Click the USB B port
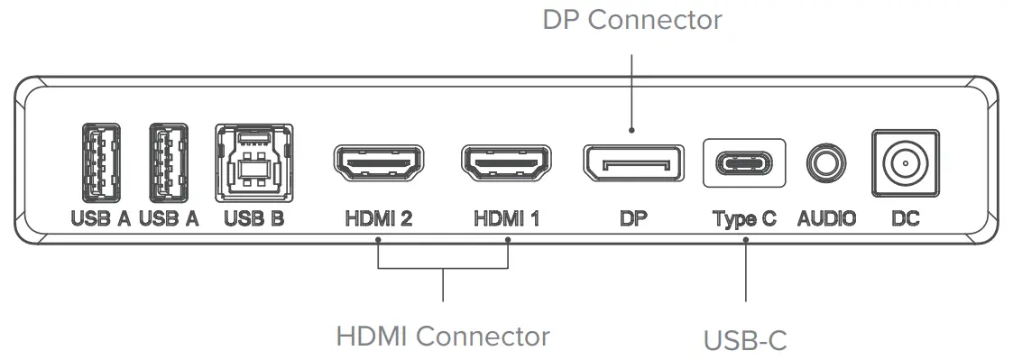tap(253, 162)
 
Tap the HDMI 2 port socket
tap(379, 163)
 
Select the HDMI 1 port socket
tap(506, 163)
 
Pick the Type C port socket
tap(744, 163)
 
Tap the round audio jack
tap(826, 163)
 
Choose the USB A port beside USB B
tap(169, 162)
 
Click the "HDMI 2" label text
tap(379, 218)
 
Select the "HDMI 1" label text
tap(506, 218)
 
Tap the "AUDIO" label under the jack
tap(826, 218)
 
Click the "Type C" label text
tap(744, 218)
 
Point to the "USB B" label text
tap(253, 218)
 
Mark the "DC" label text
tap(905, 218)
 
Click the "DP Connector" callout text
tap(632, 20)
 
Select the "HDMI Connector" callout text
tap(443, 337)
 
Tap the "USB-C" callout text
tap(745, 340)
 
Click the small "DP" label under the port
tap(634, 218)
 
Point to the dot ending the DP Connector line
tap(632, 129)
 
